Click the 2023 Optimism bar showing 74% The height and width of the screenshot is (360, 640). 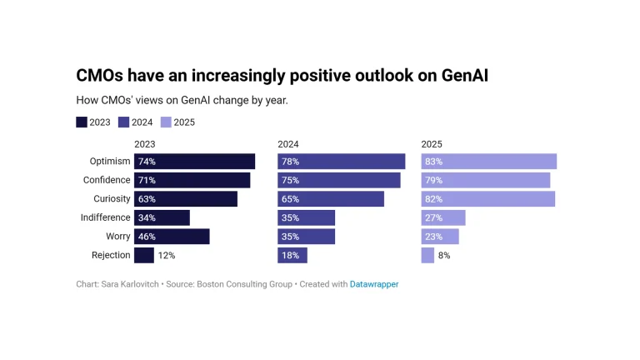pos(195,161)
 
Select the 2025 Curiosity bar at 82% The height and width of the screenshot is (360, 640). pos(488,199)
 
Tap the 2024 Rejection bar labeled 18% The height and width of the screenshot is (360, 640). pos(292,255)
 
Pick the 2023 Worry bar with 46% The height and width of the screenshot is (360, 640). pos(172,237)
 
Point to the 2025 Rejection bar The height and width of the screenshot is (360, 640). pos(427,255)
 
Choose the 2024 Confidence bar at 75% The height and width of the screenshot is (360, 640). pos(339,180)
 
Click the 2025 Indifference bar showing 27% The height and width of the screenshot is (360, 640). pos(443,217)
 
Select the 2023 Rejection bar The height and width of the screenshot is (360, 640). pos(144,255)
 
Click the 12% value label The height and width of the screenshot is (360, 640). pos(167,256)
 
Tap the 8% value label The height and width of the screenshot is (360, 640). pos(444,256)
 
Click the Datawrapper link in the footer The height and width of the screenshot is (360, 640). pos(374,284)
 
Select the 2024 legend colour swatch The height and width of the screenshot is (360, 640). pos(123,122)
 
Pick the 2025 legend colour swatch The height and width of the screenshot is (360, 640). pos(166,122)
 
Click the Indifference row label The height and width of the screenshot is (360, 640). pos(105,217)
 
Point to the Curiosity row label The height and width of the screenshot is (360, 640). pos(112,199)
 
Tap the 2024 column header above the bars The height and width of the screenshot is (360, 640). pos(288,144)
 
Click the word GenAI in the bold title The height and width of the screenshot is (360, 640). pos(465,76)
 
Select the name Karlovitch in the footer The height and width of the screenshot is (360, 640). pos(139,284)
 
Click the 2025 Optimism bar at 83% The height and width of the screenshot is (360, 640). pos(489,161)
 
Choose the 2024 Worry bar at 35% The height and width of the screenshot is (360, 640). pos(307,237)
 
